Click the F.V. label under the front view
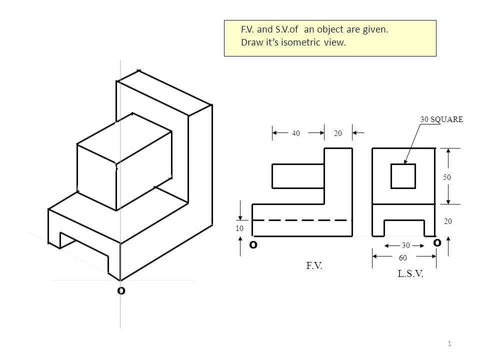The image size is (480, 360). pos(314,267)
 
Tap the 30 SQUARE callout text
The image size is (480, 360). pos(442,119)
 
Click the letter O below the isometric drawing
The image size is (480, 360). pos(120,290)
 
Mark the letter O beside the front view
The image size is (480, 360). pos(253,245)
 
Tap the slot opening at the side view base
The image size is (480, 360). pos(404,228)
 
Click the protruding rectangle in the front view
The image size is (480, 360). pos(298,176)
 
